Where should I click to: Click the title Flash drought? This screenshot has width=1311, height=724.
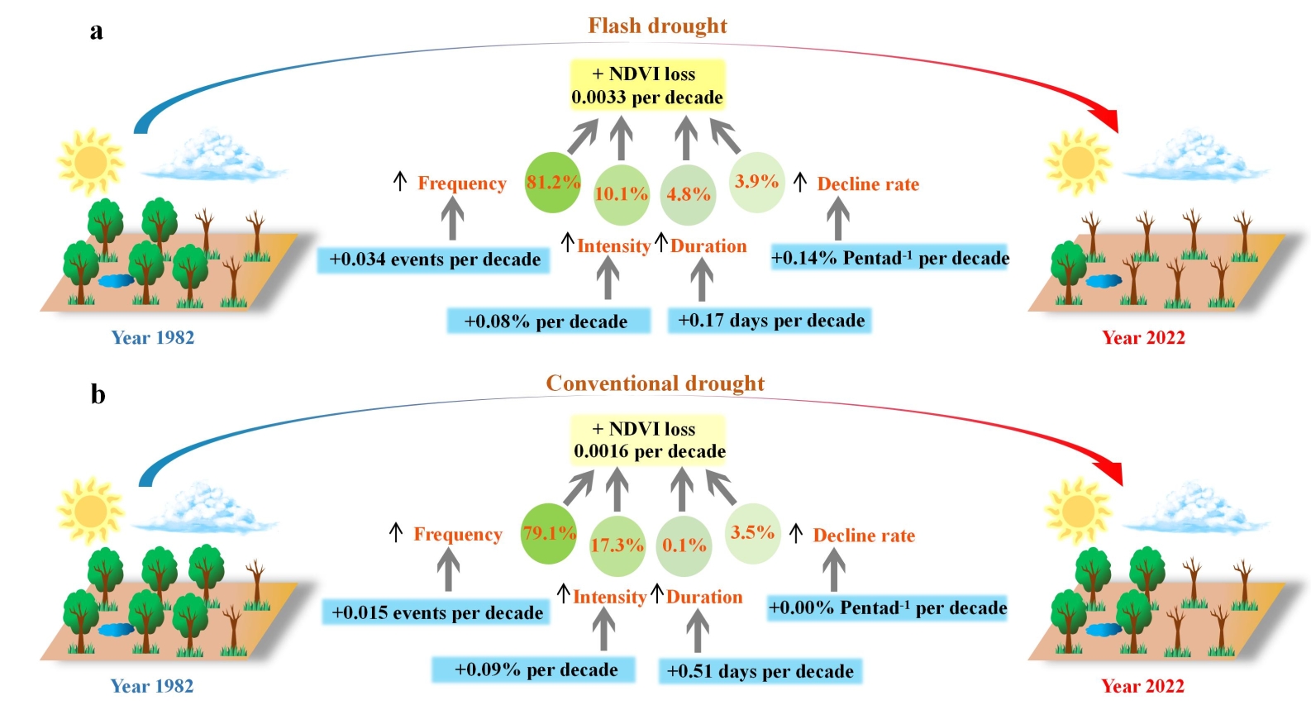click(657, 26)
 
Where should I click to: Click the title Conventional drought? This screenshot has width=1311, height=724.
click(655, 383)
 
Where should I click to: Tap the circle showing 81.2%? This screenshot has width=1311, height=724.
click(552, 183)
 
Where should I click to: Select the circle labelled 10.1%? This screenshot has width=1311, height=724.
click(621, 194)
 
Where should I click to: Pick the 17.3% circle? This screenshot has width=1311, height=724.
click(617, 545)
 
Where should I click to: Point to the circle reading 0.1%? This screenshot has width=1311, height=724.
click(684, 545)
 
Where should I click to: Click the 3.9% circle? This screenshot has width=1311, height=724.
click(756, 182)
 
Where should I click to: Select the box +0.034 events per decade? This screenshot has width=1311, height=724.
click(434, 260)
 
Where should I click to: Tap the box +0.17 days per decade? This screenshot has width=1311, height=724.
click(770, 321)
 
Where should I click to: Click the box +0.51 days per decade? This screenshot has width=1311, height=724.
click(760, 671)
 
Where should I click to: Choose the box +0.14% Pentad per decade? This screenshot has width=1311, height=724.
click(889, 258)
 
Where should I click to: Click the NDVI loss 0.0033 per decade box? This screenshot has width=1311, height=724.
click(647, 85)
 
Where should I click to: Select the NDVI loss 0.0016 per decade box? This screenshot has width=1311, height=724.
click(649, 440)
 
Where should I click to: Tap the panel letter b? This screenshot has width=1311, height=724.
click(98, 394)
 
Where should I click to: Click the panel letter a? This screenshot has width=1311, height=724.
click(97, 31)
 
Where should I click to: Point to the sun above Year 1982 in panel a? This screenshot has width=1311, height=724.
click(89, 161)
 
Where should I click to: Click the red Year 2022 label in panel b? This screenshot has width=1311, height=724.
click(1142, 686)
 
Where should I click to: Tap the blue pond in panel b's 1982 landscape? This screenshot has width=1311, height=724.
click(115, 630)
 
